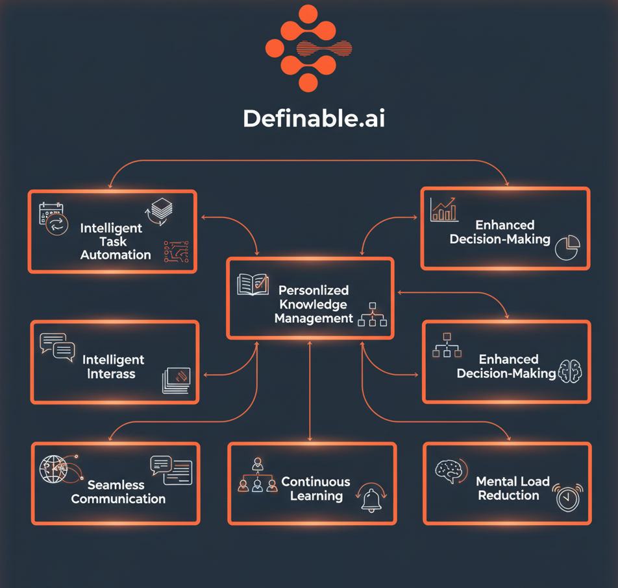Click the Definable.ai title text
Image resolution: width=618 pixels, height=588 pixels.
click(314, 118)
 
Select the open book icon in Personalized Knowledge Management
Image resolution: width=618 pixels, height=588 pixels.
click(253, 285)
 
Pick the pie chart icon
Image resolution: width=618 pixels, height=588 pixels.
click(567, 246)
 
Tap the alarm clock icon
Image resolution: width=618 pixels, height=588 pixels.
click(566, 497)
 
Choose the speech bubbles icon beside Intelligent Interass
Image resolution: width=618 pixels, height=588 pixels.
click(58, 347)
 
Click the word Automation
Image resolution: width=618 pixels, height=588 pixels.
click(116, 255)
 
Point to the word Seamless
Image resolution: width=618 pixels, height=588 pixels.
click(116, 485)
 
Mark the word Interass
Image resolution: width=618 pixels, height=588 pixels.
click(112, 374)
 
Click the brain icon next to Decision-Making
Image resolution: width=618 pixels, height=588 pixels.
click(569, 371)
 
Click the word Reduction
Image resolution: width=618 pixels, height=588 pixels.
click(509, 496)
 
